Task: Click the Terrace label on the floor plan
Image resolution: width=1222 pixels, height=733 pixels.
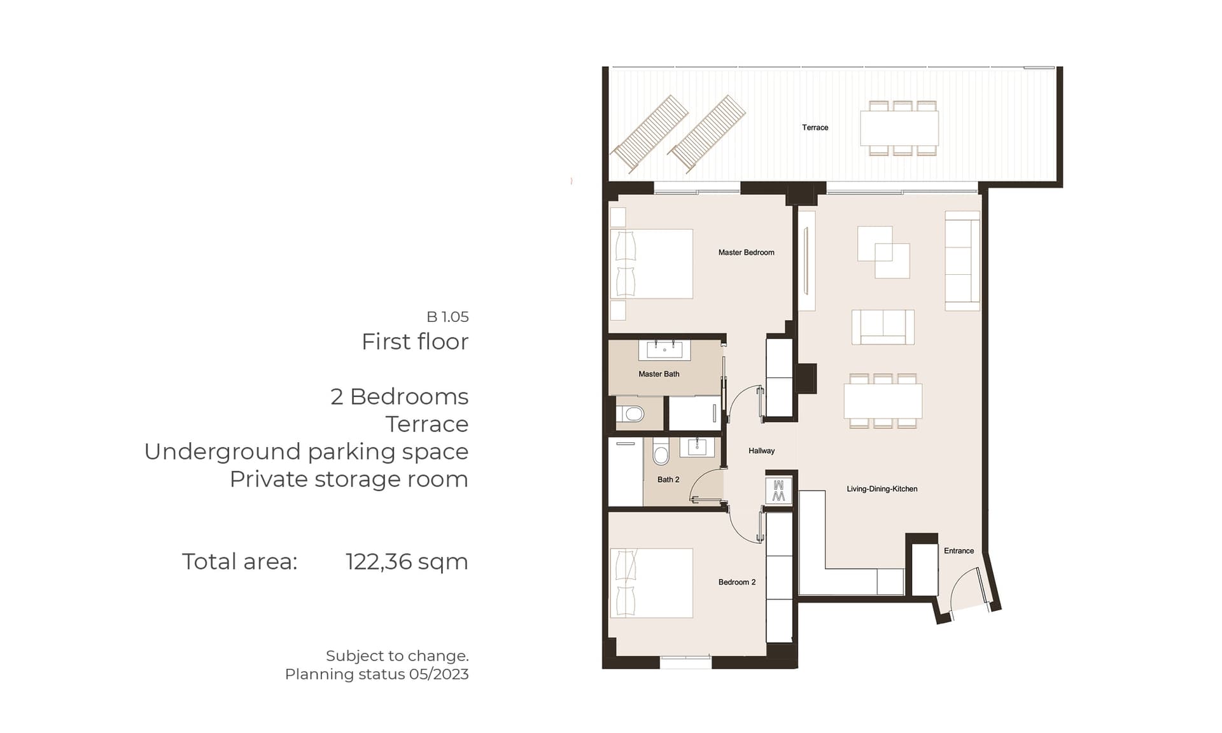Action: click(815, 127)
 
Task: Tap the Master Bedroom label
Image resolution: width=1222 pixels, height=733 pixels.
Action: click(746, 253)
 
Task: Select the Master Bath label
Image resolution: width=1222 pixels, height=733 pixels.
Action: click(659, 374)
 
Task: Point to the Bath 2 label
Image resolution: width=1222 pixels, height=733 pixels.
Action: click(668, 480)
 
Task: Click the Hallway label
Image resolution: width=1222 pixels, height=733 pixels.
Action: click(761, 451)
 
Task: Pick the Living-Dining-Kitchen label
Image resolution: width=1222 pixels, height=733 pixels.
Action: click(881, 489)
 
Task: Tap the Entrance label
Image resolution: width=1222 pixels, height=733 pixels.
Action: click(959, 551)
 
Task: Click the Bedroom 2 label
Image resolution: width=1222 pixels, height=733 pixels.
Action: click(737, 582)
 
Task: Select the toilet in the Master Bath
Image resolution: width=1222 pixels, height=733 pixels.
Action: click(631, 414)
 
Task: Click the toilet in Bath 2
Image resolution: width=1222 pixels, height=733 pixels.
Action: click(661, 452)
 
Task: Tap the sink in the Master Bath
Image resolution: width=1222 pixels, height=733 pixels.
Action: click(664, 350)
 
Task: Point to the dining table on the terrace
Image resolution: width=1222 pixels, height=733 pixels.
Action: click(899, 129)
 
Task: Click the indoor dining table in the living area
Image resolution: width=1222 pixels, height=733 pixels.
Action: click(883, 401)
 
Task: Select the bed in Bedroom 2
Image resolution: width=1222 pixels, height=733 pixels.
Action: click(651, 583)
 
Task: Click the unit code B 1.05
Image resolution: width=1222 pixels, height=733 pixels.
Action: click(447, 316)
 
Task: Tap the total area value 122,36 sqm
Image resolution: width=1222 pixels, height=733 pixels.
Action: click(407, 562)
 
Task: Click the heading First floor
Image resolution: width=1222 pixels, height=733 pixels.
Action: click(415, 342)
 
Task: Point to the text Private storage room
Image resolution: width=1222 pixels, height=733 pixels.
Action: click(349, 479)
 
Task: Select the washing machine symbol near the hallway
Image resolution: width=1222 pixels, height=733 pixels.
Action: click(778, 490)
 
